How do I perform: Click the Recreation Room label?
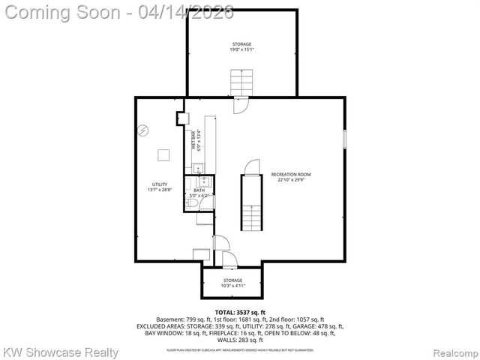point(291,175)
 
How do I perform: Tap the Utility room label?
point(159,184)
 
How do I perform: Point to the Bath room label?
point(199,190)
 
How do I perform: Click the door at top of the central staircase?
point(252,166)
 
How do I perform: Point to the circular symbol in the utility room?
point(143,130)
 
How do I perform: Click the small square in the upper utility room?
point(163,155)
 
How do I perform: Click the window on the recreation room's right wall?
point(344,139)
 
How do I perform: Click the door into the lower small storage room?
point(230,259)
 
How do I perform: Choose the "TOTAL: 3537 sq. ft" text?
point(240,312)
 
